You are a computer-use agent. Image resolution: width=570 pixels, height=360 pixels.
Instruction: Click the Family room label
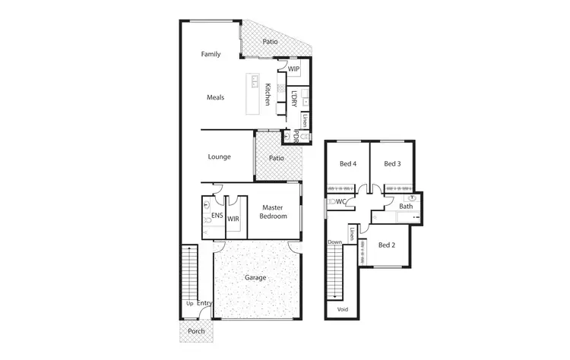click(x=211, y=55)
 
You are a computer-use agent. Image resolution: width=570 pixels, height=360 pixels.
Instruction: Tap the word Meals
click(x=215, y=97)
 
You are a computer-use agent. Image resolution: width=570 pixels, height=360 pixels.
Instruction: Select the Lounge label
click(x=219, y=157)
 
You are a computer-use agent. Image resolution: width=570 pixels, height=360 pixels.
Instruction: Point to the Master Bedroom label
click(x=274, y=211)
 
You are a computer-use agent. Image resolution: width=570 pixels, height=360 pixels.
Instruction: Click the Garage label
click(x=255, y=278)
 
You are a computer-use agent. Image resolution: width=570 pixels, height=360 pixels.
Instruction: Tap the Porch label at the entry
click(x=196, y=330)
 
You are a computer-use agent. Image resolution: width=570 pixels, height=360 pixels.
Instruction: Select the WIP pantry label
click(x=293, y=69)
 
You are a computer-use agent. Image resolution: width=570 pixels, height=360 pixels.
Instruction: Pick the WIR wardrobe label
click(x=233, y=219)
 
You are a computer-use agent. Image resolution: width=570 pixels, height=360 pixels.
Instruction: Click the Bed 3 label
click(x=391, y=164)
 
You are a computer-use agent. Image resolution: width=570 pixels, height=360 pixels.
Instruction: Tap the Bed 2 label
click(x=386, y=245)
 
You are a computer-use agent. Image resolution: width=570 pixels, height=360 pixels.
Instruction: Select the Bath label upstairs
click(x=407, y=207)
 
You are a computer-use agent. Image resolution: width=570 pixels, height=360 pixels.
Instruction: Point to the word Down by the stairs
click(x=334, y=243)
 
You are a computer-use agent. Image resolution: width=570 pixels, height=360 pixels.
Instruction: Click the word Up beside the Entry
click(x=188, y=304)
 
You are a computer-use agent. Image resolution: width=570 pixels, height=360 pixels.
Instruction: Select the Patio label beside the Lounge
click(x=276, y=158)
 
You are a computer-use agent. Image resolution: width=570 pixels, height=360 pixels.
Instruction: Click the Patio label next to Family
click(x=270, y=43)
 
